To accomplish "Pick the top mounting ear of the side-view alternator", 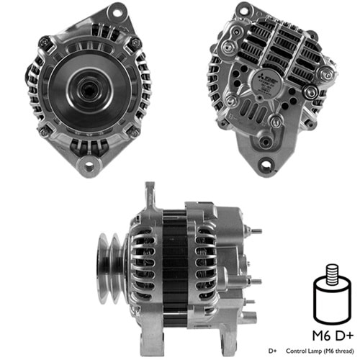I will click(150, 193).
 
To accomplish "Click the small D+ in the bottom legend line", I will click(273, 351).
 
